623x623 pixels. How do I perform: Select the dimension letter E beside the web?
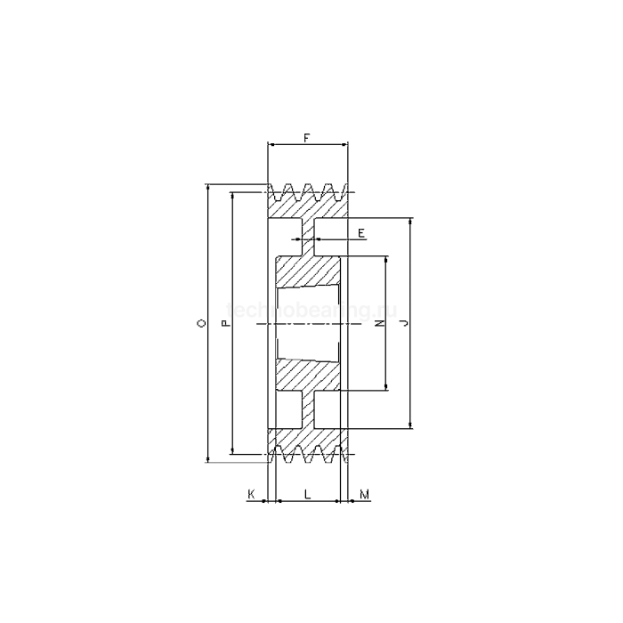[x=360, y=232]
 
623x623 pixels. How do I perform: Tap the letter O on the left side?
[x=201, y=325]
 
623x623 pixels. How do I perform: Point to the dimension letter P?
[x=225, y=325]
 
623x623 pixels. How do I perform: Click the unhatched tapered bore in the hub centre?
[x=307, y=325]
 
